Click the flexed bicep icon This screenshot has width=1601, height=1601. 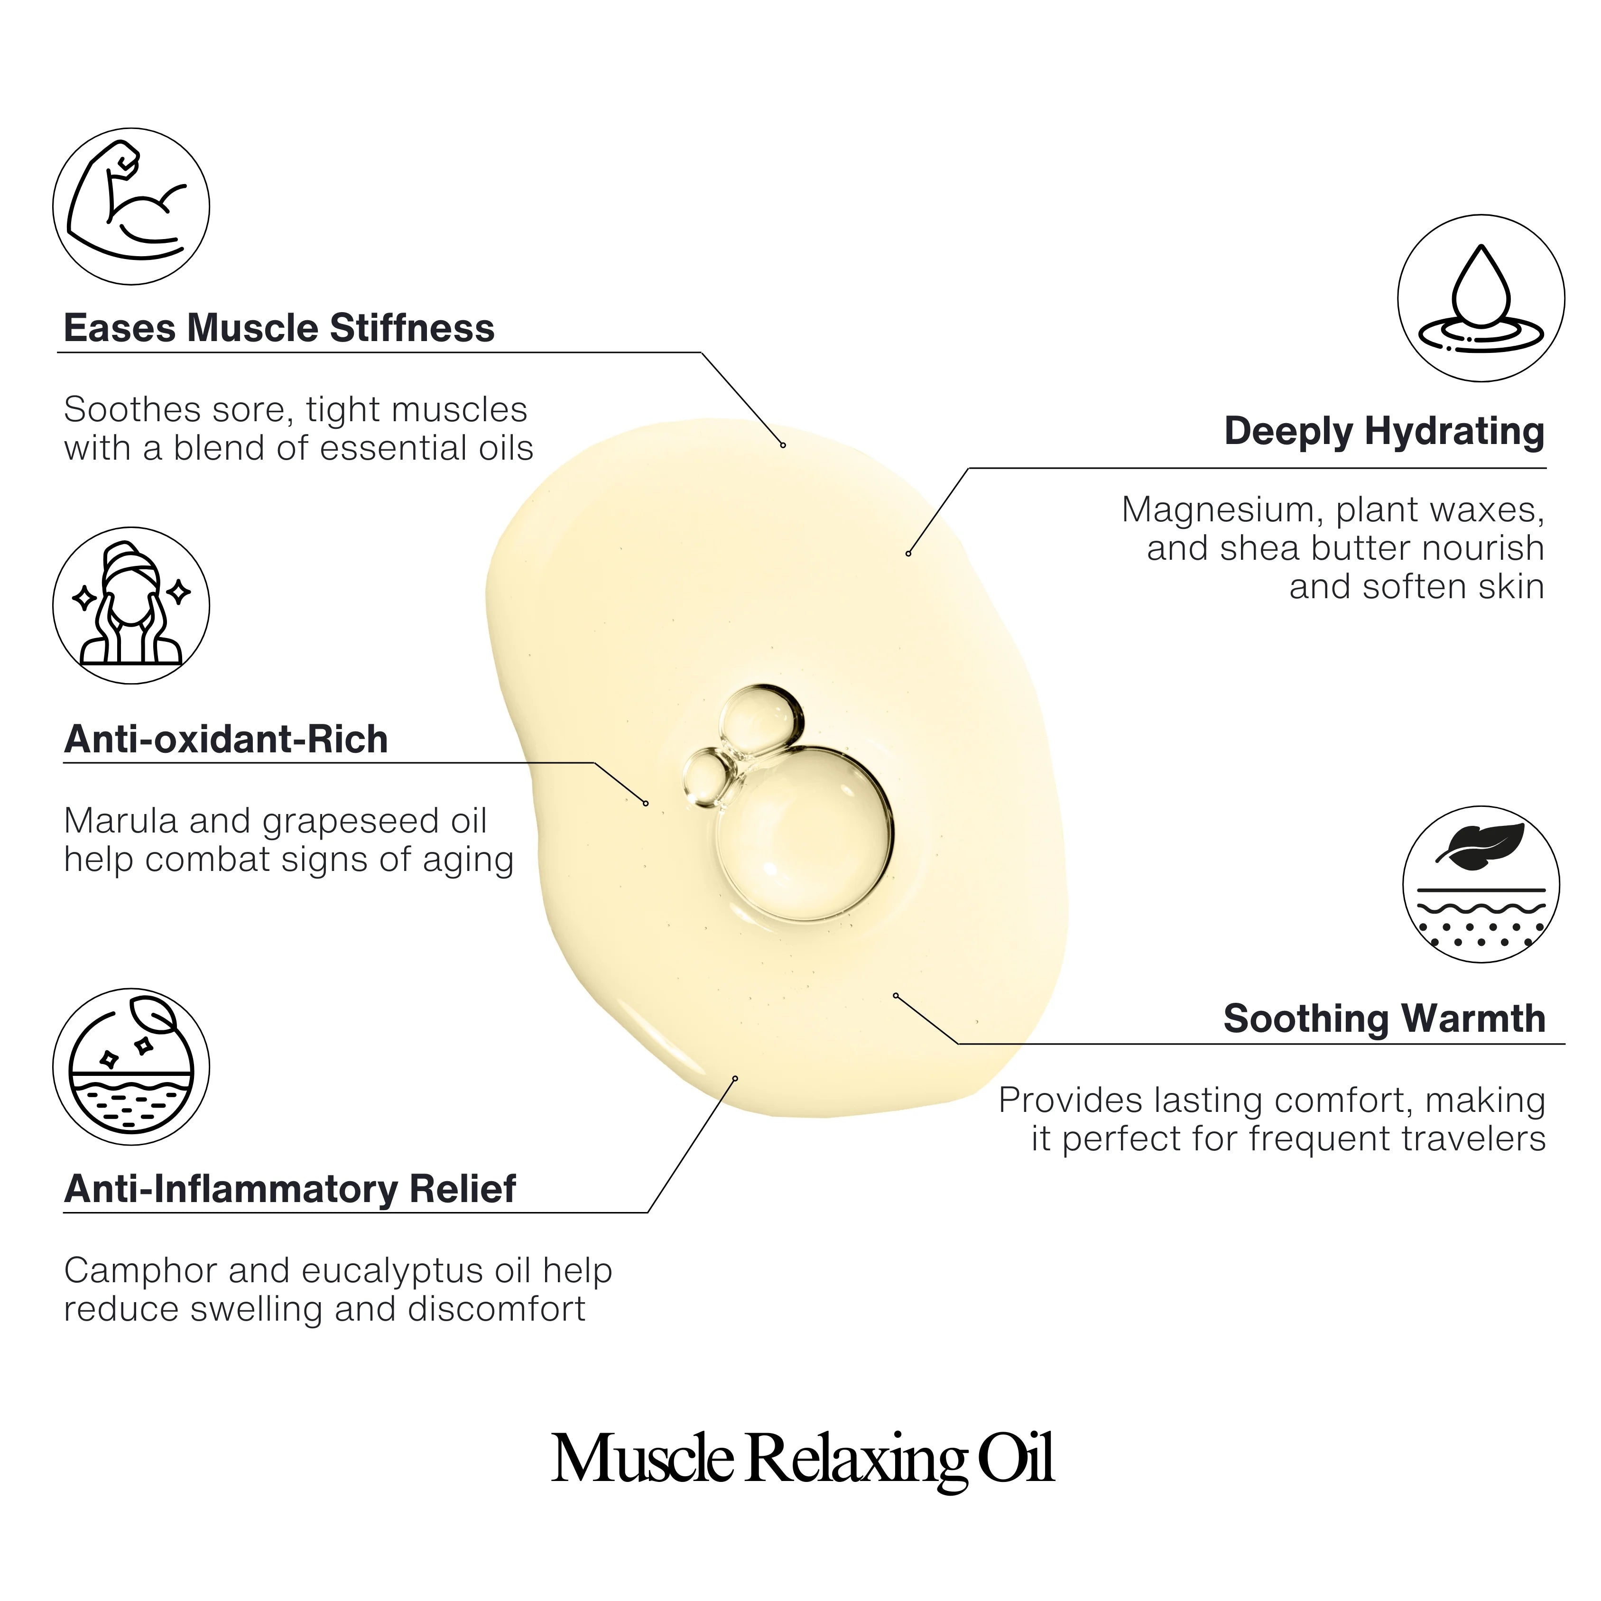[131, 206]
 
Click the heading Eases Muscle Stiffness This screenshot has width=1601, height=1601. [279, 328]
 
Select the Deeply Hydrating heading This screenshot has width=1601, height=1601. [1384, 432]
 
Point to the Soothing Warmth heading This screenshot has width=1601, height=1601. [1384, 1018]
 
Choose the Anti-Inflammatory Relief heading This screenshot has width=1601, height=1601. [290, 1189]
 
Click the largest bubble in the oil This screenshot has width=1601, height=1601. [804, 833]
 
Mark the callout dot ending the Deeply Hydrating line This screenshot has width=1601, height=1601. [908, 554]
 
